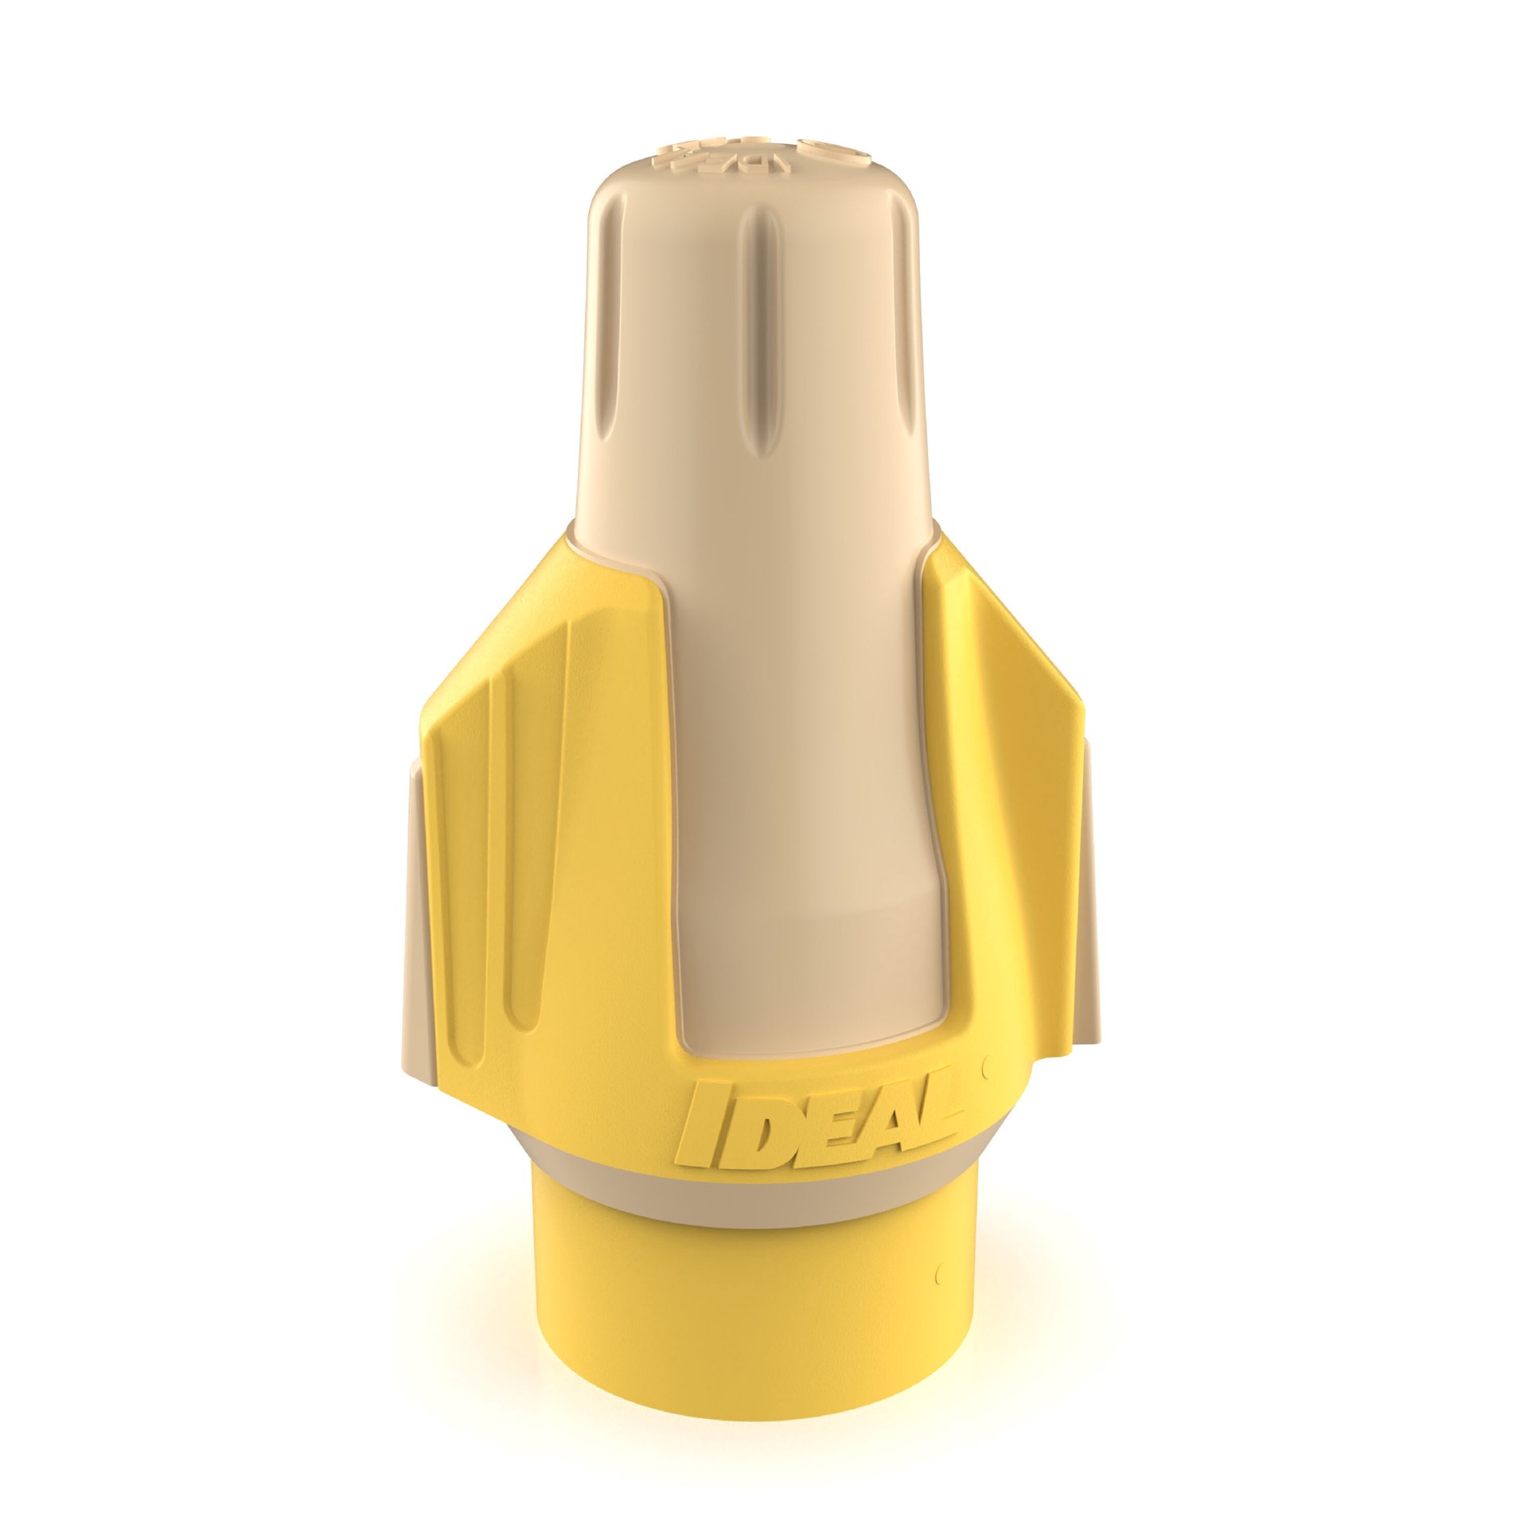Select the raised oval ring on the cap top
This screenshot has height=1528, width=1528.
click(828, 151)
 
